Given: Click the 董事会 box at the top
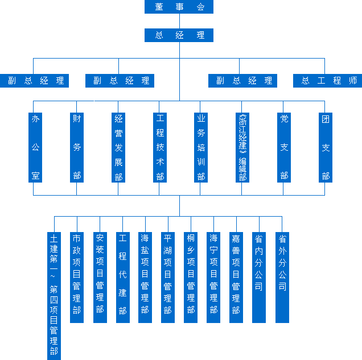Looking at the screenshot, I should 179,7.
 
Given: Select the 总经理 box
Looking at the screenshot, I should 179,35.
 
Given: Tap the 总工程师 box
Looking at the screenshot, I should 328,81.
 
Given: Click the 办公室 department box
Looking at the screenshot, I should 35,147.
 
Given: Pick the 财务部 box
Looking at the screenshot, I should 77,147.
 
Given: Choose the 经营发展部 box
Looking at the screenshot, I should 118,147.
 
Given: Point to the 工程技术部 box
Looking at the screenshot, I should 160,147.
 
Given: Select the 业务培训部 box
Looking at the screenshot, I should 200,147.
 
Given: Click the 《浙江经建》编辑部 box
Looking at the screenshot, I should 242,147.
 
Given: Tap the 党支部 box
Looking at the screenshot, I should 284,147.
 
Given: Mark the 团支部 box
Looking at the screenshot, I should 326,147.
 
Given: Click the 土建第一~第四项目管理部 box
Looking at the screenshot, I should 54,295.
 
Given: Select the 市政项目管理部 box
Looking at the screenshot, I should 77,277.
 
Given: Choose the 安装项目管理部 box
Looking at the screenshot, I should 100,277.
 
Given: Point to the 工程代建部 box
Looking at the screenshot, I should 122,277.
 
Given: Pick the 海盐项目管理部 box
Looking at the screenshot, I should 145,277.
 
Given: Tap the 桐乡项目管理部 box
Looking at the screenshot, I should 191,277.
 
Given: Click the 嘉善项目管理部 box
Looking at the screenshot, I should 236,277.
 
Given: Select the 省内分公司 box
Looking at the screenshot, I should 259,277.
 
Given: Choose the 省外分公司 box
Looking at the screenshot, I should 282,277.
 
